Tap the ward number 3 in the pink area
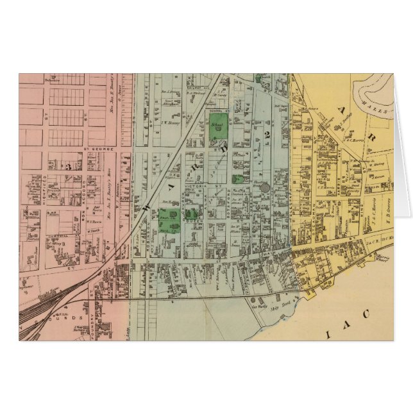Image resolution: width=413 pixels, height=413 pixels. click(67, 165)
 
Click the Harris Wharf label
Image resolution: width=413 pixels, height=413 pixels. click(383, 258)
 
